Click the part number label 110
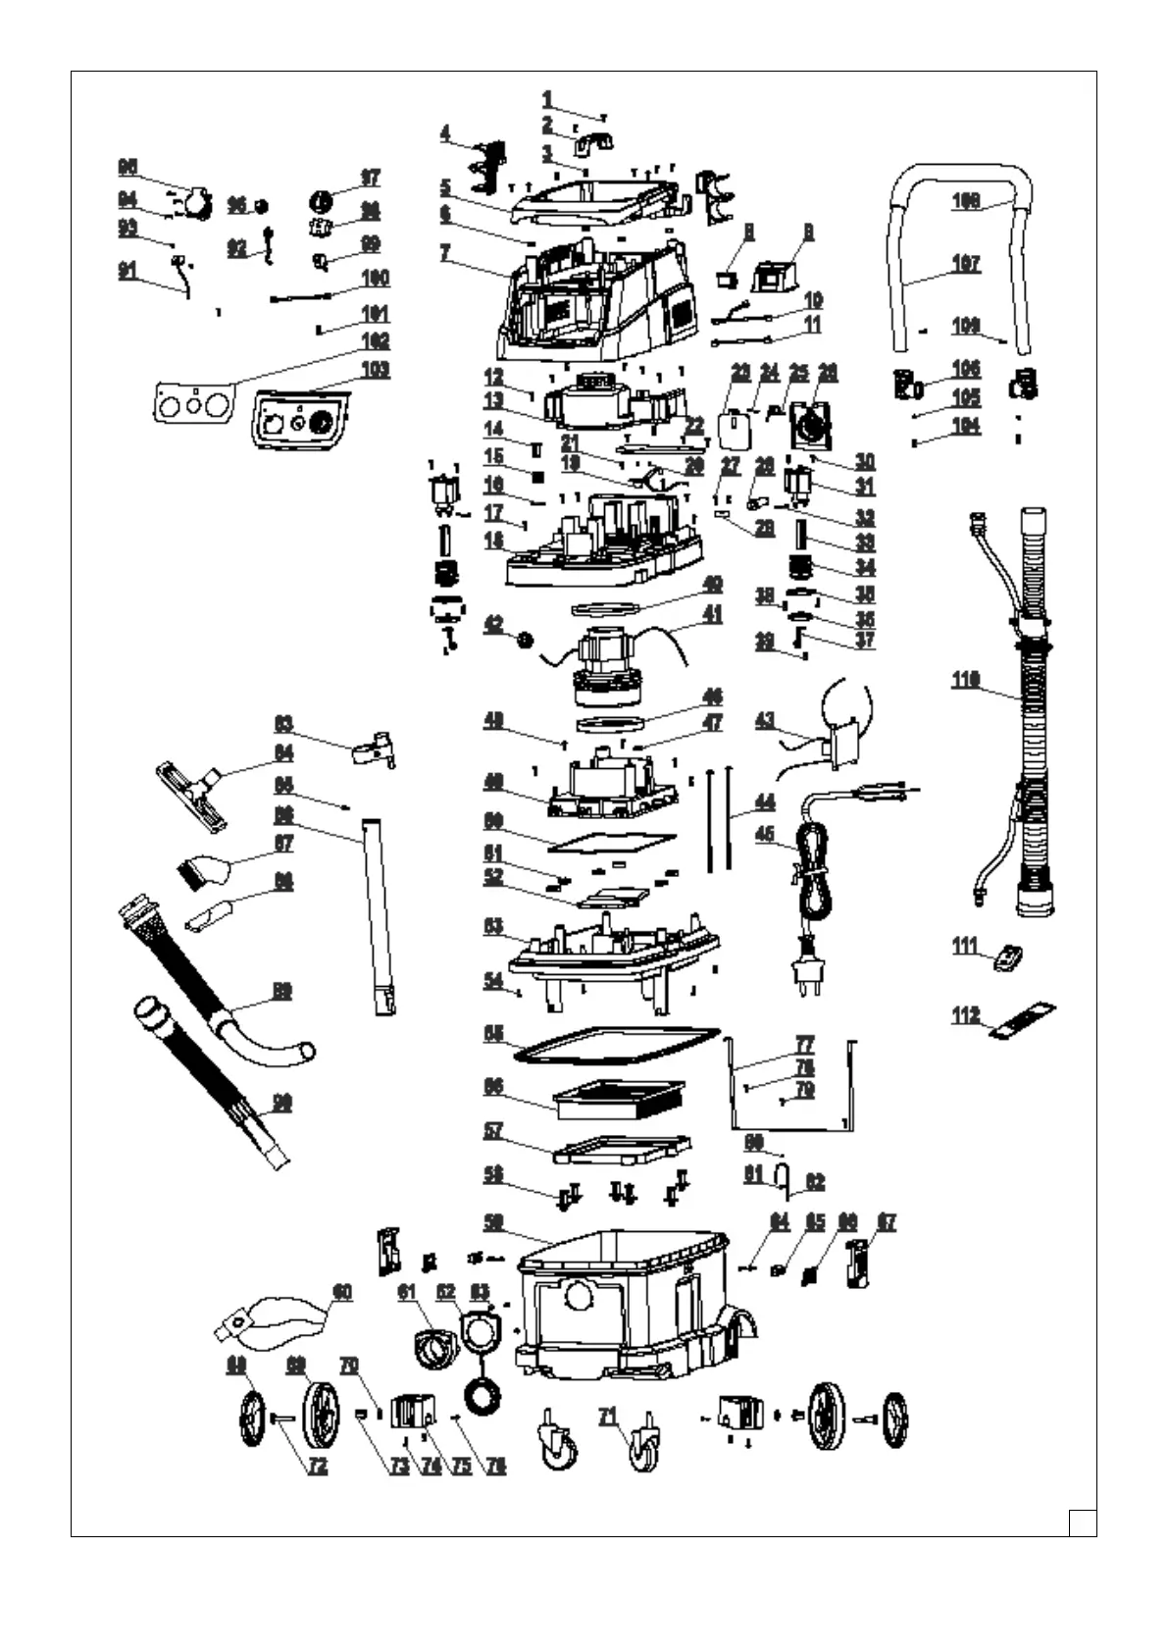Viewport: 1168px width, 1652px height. (966, 681)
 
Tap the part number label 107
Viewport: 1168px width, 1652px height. (966, 264)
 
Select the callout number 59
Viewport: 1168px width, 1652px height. (492, 1223)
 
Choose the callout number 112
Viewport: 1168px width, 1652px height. (966, 1016)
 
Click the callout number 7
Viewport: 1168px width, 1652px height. (445, 252)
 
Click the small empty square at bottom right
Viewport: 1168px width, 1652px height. (1083, 1523)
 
